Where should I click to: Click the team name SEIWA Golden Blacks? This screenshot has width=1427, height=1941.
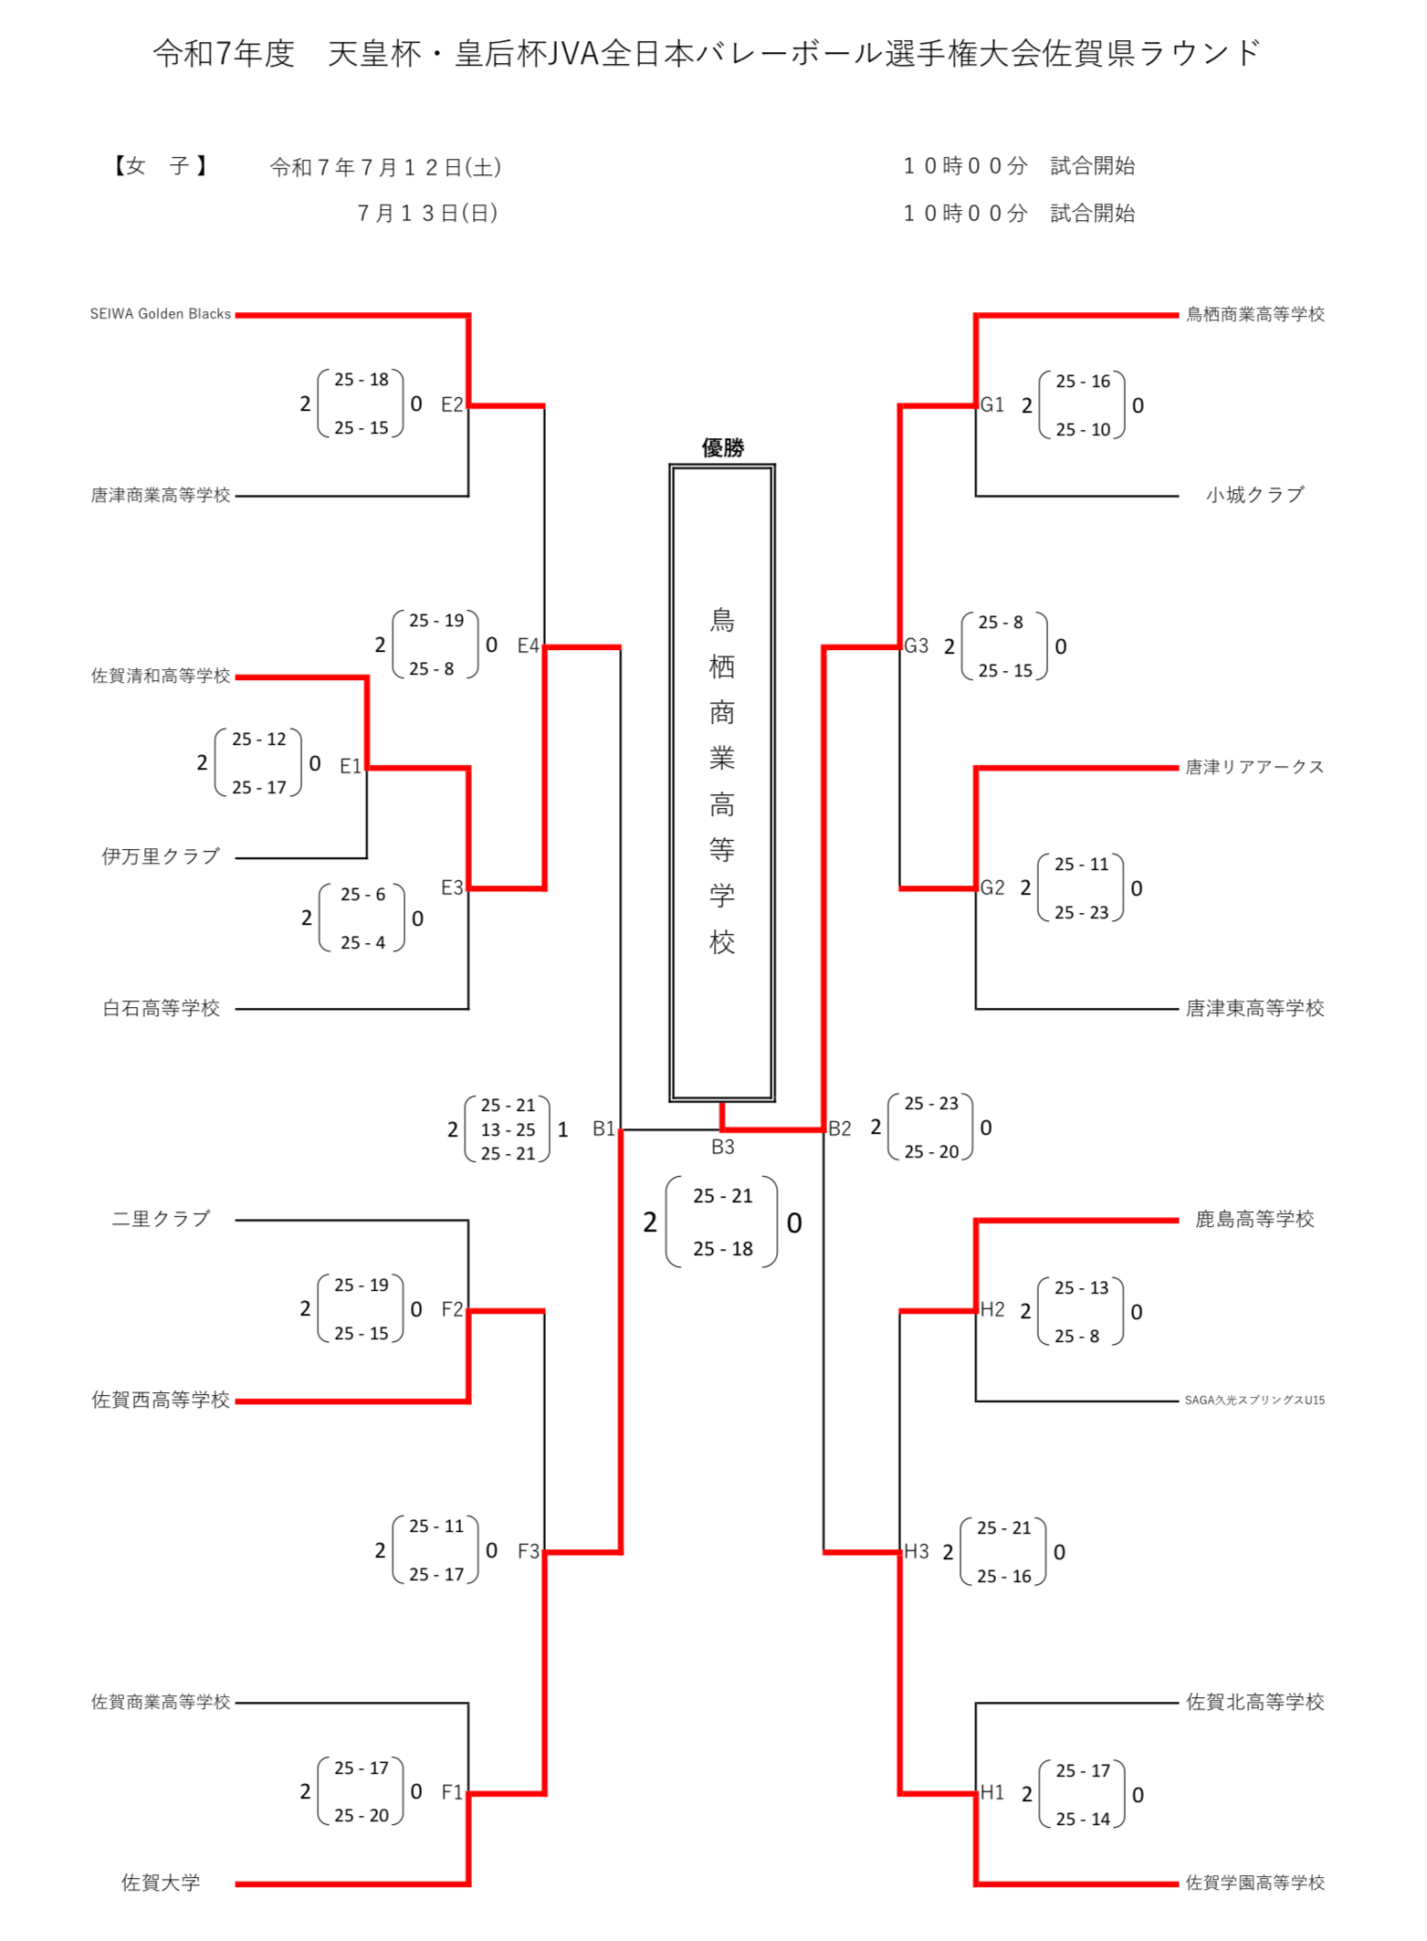click(160, 314)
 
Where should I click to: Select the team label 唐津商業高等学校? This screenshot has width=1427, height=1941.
click(160, 495)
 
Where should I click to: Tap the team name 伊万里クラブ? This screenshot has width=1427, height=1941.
click(161, 856)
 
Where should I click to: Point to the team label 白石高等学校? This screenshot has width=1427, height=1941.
click(161, 1008)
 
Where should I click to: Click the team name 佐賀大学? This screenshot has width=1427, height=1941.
click(161, 1883)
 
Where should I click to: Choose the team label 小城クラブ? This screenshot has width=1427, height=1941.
click(1254, 495)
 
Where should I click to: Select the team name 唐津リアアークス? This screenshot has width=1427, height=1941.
click(1254, 767)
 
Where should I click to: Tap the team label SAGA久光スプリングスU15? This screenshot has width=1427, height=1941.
click(1254, 1400)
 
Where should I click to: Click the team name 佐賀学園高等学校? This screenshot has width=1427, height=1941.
click(1254, 1883)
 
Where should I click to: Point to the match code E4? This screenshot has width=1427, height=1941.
click(528, 646)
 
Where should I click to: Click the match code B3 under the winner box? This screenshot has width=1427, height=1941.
click(722, 1147)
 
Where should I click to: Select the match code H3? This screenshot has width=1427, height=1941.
click(916, 1551)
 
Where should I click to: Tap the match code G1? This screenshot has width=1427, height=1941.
click(992, 404)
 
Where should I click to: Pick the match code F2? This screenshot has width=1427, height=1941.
click(452, 1309)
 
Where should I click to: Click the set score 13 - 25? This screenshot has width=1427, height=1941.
click(508, 1129)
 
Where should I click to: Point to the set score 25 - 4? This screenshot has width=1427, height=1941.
click(362, 942)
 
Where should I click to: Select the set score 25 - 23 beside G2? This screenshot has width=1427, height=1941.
click(1081, 912)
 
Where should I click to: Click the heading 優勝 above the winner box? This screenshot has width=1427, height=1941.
click(722, 447)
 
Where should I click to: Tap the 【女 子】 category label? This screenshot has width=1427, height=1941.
click(161, 166)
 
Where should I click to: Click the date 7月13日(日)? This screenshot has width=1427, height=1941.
click(427, 214)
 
